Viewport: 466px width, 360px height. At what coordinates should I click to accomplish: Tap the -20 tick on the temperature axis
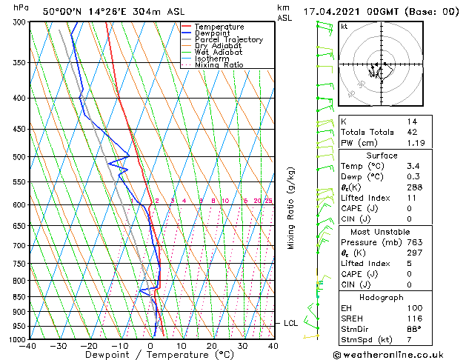[89, 345]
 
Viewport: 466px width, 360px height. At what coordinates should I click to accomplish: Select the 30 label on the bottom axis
[242, 345]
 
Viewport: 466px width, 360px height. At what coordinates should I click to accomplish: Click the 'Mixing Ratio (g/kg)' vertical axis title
[291, 208]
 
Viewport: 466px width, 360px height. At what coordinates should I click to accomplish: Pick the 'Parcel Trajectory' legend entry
[228, 40]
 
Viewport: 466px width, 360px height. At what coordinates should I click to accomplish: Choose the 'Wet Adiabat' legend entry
[219, 53]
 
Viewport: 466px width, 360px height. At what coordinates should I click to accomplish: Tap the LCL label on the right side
[291, 324]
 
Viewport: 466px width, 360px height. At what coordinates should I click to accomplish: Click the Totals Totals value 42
[411, 132]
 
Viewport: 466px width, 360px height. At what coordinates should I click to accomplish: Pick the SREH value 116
[413, 317]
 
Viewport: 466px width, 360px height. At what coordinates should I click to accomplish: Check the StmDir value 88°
[413, 328]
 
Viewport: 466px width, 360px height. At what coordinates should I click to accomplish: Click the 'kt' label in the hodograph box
[344, 26]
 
